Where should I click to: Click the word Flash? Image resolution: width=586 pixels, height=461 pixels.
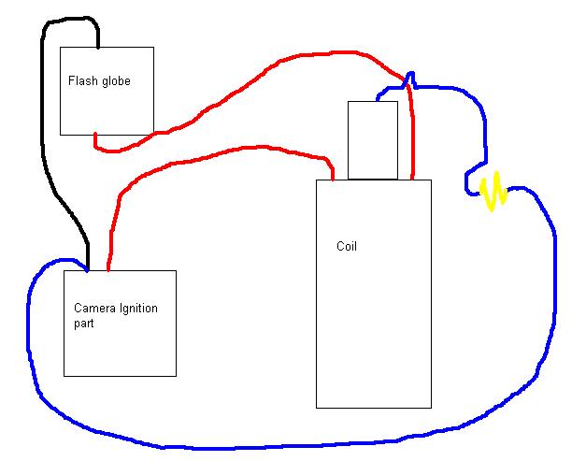(81, 81)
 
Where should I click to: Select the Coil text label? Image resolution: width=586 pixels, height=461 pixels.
(346, 247)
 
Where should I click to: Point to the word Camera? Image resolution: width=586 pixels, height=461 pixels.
(93, 308)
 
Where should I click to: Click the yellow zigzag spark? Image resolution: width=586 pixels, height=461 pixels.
(493, 190)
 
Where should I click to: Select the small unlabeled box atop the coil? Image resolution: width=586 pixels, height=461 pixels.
(372, 140)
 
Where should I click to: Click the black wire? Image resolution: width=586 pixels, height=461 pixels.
(45, 140)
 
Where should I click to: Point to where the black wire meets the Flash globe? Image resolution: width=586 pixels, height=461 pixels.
(98, 47)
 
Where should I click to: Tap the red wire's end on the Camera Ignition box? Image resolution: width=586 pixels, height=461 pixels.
(108, 269)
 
